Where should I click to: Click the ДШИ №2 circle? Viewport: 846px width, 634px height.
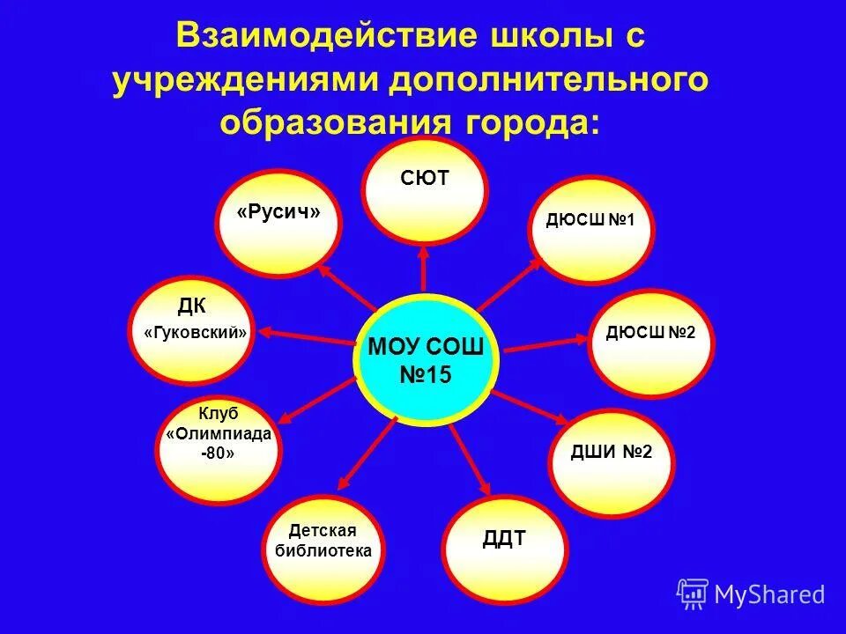click(612, 461)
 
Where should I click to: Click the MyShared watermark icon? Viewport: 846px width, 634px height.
click(693, 593)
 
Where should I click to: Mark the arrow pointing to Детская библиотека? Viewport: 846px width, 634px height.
click(366, 453)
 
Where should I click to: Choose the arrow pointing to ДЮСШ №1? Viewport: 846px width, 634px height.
click(512, 282)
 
